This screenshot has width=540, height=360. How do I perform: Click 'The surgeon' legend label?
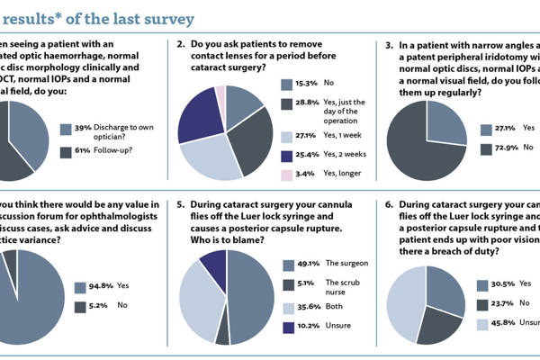[x=346, y=264]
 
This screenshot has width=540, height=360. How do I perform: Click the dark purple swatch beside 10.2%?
[x=286, y=328]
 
